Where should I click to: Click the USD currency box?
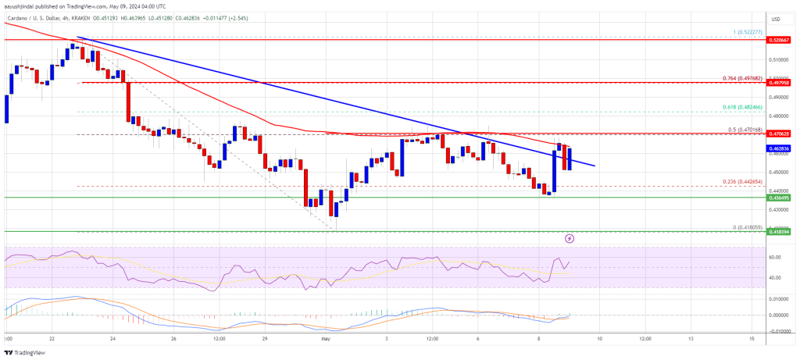click(x=775, y=19)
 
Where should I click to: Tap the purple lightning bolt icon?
click(x=570, y=237)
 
